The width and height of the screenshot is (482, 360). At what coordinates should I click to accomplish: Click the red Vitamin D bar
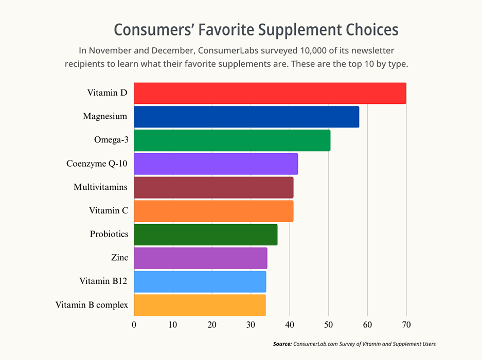[x=270, y=93]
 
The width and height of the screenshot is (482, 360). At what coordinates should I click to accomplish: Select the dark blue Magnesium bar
[x=246, y=117]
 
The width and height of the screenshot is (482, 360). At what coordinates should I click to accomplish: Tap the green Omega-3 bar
[x=232, y=140]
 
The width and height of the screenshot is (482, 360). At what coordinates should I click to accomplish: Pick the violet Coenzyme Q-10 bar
[x=216, y=164]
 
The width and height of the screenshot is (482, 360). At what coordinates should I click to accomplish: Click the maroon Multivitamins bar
[x=213, y=188]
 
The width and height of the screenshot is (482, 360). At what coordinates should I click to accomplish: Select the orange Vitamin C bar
[x=213, y=211]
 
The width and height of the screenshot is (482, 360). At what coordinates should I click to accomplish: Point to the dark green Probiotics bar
[x=206, y=235]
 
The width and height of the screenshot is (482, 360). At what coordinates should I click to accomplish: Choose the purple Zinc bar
[x=201, y=258]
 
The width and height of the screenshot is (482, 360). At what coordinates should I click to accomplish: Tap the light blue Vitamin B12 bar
[x=200, y=282]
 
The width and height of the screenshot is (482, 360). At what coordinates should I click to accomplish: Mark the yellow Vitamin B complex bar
[x=200, y=305]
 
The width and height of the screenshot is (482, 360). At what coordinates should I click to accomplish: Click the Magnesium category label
[x=105, y=116]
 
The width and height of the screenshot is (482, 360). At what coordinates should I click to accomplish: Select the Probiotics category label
[x=109, y=234]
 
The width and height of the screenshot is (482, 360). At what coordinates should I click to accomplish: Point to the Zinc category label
[x=119, y=258]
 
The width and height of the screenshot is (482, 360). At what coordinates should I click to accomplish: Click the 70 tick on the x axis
[x=406, y=325]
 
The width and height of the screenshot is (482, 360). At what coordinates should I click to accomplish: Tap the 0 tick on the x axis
[x=134, y=325]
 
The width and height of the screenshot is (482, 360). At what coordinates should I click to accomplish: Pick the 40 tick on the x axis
[x=289, y=325]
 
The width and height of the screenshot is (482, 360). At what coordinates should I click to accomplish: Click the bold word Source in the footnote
[x=282, y=344]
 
